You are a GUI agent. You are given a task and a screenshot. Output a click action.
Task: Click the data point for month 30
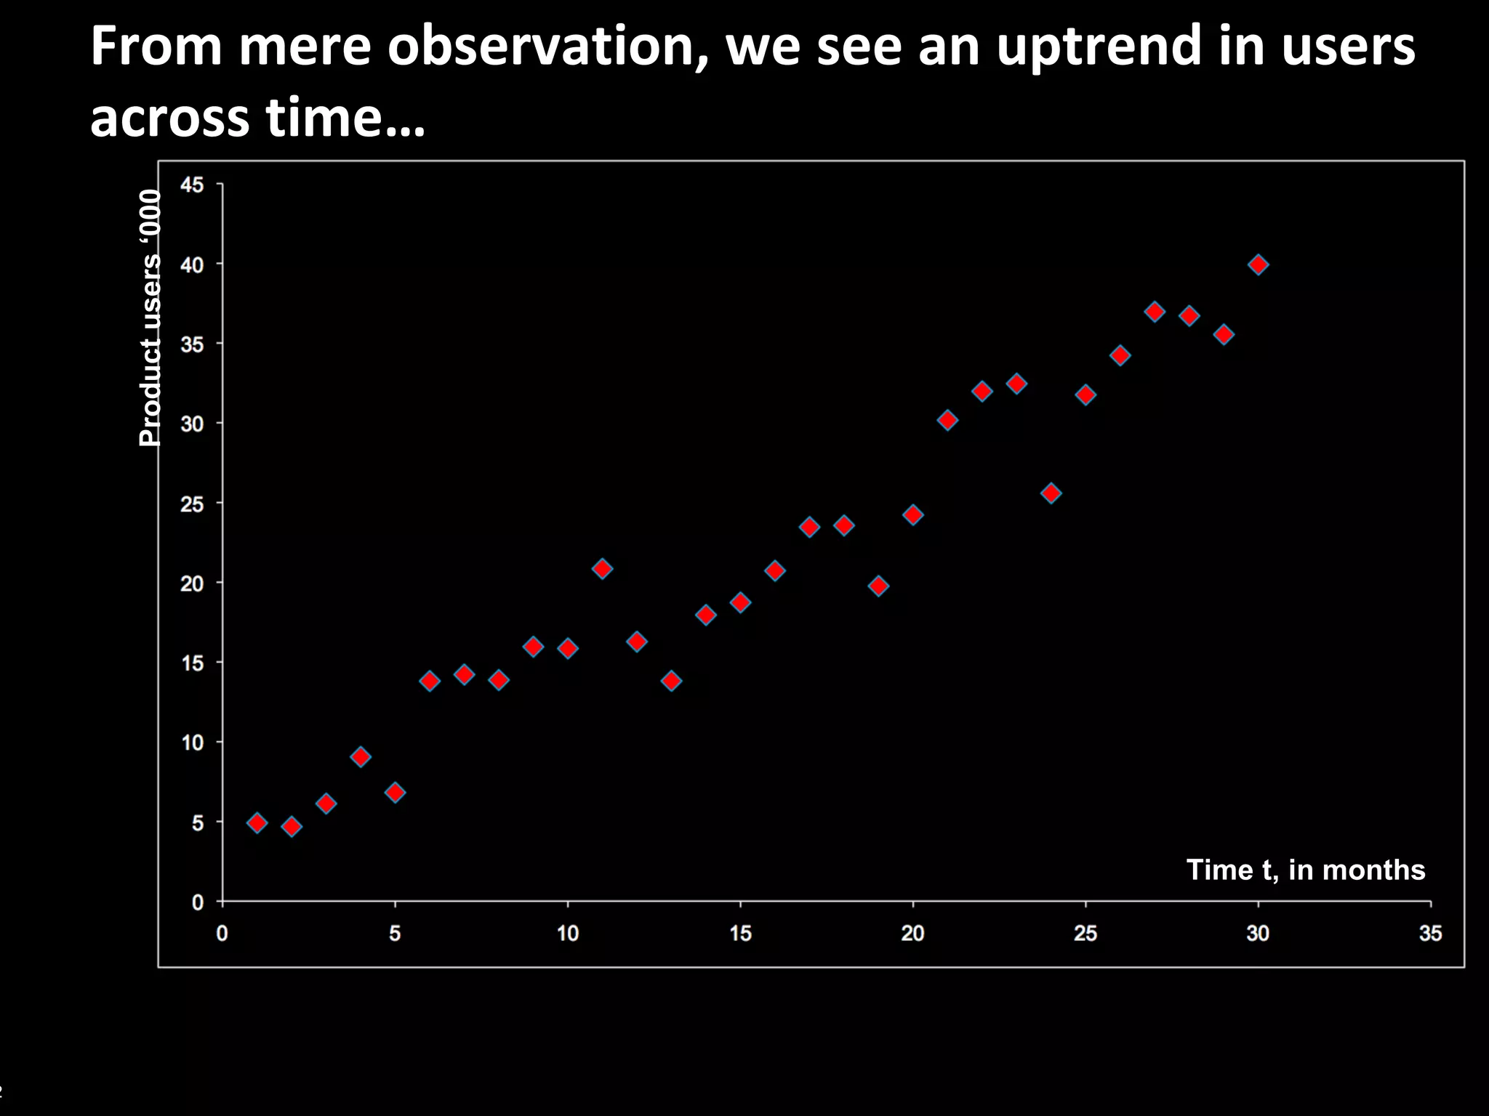[1258, 264]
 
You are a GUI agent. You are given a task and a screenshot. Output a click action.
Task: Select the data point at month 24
[1051, 493]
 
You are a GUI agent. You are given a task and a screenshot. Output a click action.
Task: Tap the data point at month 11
[602, 568]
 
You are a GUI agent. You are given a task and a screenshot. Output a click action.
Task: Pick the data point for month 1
[257, 822]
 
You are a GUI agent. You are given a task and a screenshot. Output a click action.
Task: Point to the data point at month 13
[671, 681]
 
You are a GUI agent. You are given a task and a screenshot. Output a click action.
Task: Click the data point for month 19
[878, 586]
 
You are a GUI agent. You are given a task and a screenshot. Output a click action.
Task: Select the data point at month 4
[361, 757]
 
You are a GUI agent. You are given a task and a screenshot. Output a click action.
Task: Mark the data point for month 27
[1155, 312]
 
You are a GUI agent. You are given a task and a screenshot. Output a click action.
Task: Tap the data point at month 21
[947, 420]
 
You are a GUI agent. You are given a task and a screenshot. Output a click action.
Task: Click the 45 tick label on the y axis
[192, 185]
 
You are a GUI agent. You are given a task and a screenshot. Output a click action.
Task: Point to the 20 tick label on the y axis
[192, 583]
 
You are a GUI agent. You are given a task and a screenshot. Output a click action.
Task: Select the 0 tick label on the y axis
[198, 902]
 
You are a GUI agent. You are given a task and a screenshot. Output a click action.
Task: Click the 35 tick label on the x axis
[1430, 934]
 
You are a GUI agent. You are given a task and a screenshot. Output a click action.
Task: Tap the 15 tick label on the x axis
[740, 934]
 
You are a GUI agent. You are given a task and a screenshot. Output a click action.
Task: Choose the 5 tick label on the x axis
[395, 934]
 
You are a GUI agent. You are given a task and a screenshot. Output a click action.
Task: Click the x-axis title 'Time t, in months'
[1306, 870]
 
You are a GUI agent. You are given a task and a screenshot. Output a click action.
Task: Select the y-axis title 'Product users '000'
[150, 318]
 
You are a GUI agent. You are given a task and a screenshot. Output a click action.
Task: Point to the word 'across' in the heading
[170, 118]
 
